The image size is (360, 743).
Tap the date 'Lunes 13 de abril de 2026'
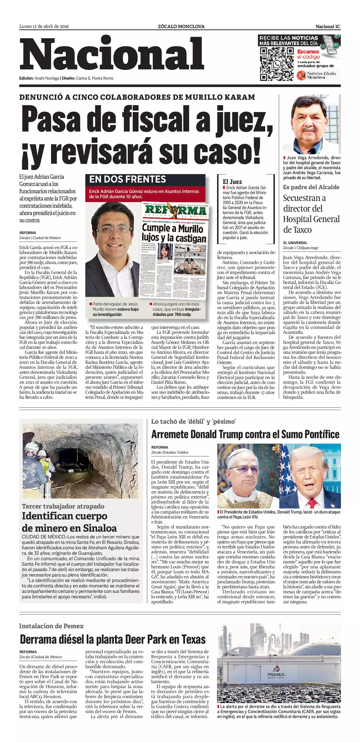[44, 27]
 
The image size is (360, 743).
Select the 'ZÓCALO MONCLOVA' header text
[181, 27]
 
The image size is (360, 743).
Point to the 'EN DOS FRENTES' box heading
[127, 179]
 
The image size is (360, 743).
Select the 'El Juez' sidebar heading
[232, 182]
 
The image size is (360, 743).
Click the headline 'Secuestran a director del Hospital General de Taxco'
[311, 214]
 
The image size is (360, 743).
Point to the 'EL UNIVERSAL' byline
[295, 243]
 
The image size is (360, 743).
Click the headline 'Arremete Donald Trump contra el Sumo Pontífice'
[245, 434]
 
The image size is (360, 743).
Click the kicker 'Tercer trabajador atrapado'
[63, 506]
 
